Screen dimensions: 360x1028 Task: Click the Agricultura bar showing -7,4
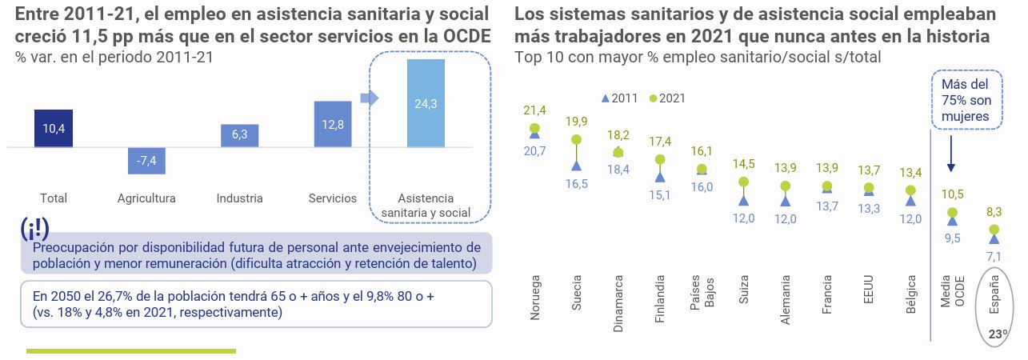point(146,160)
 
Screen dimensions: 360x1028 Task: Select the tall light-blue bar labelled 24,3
point(426,103)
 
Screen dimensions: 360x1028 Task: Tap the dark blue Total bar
point(54,129)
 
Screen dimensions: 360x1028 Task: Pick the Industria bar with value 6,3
point(239,135)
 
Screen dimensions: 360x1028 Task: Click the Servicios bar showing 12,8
point(333,124)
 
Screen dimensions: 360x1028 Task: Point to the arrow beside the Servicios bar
point(369,98)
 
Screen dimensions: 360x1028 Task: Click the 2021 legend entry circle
point(653,98)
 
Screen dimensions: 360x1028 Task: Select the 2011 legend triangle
point(605,98)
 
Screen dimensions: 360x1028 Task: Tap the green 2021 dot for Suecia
point(575,139)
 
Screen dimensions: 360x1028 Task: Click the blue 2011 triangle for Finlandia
point(660,174)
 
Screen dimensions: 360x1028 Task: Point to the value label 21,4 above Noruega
point(534,110)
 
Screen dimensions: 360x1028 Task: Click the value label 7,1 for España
point(994,257)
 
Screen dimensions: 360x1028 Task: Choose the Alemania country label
point(786,300)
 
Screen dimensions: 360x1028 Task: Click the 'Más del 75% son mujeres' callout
point(966,100)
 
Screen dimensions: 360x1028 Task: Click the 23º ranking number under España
point(996,334)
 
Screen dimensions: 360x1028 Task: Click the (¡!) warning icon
point(34,228)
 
